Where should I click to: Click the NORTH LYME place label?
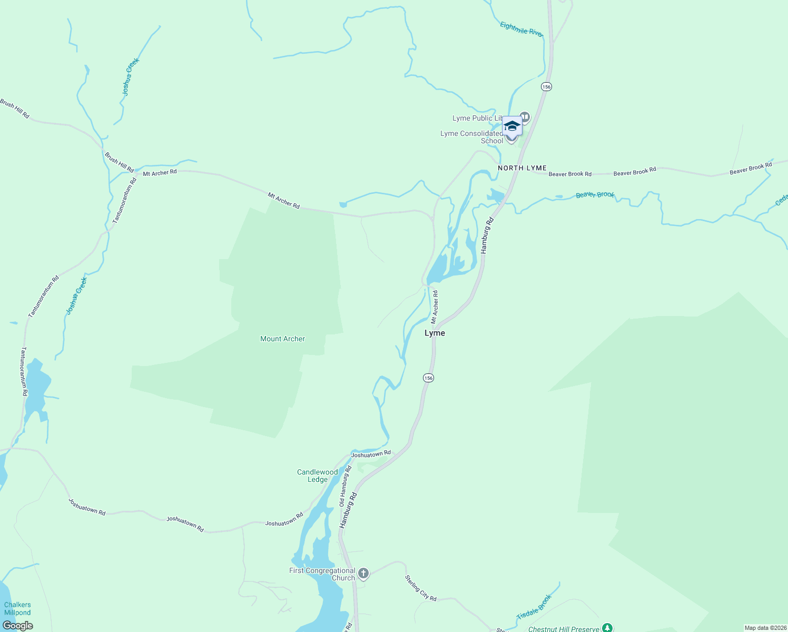pyautogui.click(x=522, y=168)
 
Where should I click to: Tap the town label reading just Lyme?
pyautogui.click(x=435, y=333)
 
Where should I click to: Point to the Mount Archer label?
pyautogui.click(x=282, y=339)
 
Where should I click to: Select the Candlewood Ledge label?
pyautogui.click(x=317, y=476)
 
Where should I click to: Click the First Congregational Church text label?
pyautogui.click(x=322, y=574)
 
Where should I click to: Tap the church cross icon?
pyautogui.click(x=363, y=573)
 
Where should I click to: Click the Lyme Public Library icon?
pyautogui.click(x=524, y=116)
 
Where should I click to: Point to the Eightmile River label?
pyautogui.click(x=521, y=29)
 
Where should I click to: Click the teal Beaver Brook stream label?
pyautogui.click(x=595, y=195)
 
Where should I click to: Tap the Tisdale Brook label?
pyautogui.click(x=534, y=607)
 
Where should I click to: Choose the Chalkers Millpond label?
pyautogui.click(x=17, y=608)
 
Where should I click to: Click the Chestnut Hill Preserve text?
pyautogui.click(x=564, y=629)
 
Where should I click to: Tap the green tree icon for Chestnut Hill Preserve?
pyautogui.click(x=607, y=628)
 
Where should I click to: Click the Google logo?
pyautogui.click(x=18, y=626)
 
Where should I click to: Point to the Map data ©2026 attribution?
pyautogui.click(x=765, y=628)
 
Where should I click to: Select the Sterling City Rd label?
pyautogui.click(x=420, y=588)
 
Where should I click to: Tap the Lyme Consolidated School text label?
pyautogui.click(x=471, y=137)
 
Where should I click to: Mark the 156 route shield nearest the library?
pyautogui.click(x=546, y=86)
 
